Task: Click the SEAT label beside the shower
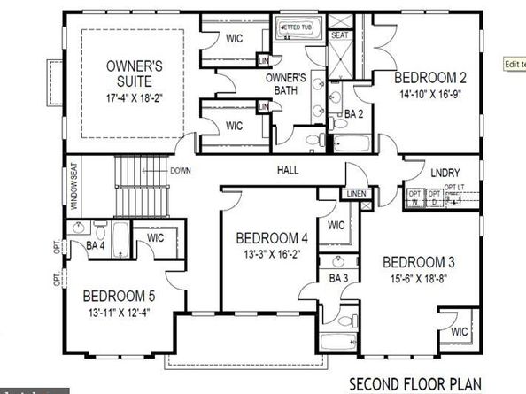339,35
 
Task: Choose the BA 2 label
354,114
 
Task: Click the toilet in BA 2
314,140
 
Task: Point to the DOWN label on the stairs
181,171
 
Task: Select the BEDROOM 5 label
120,297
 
